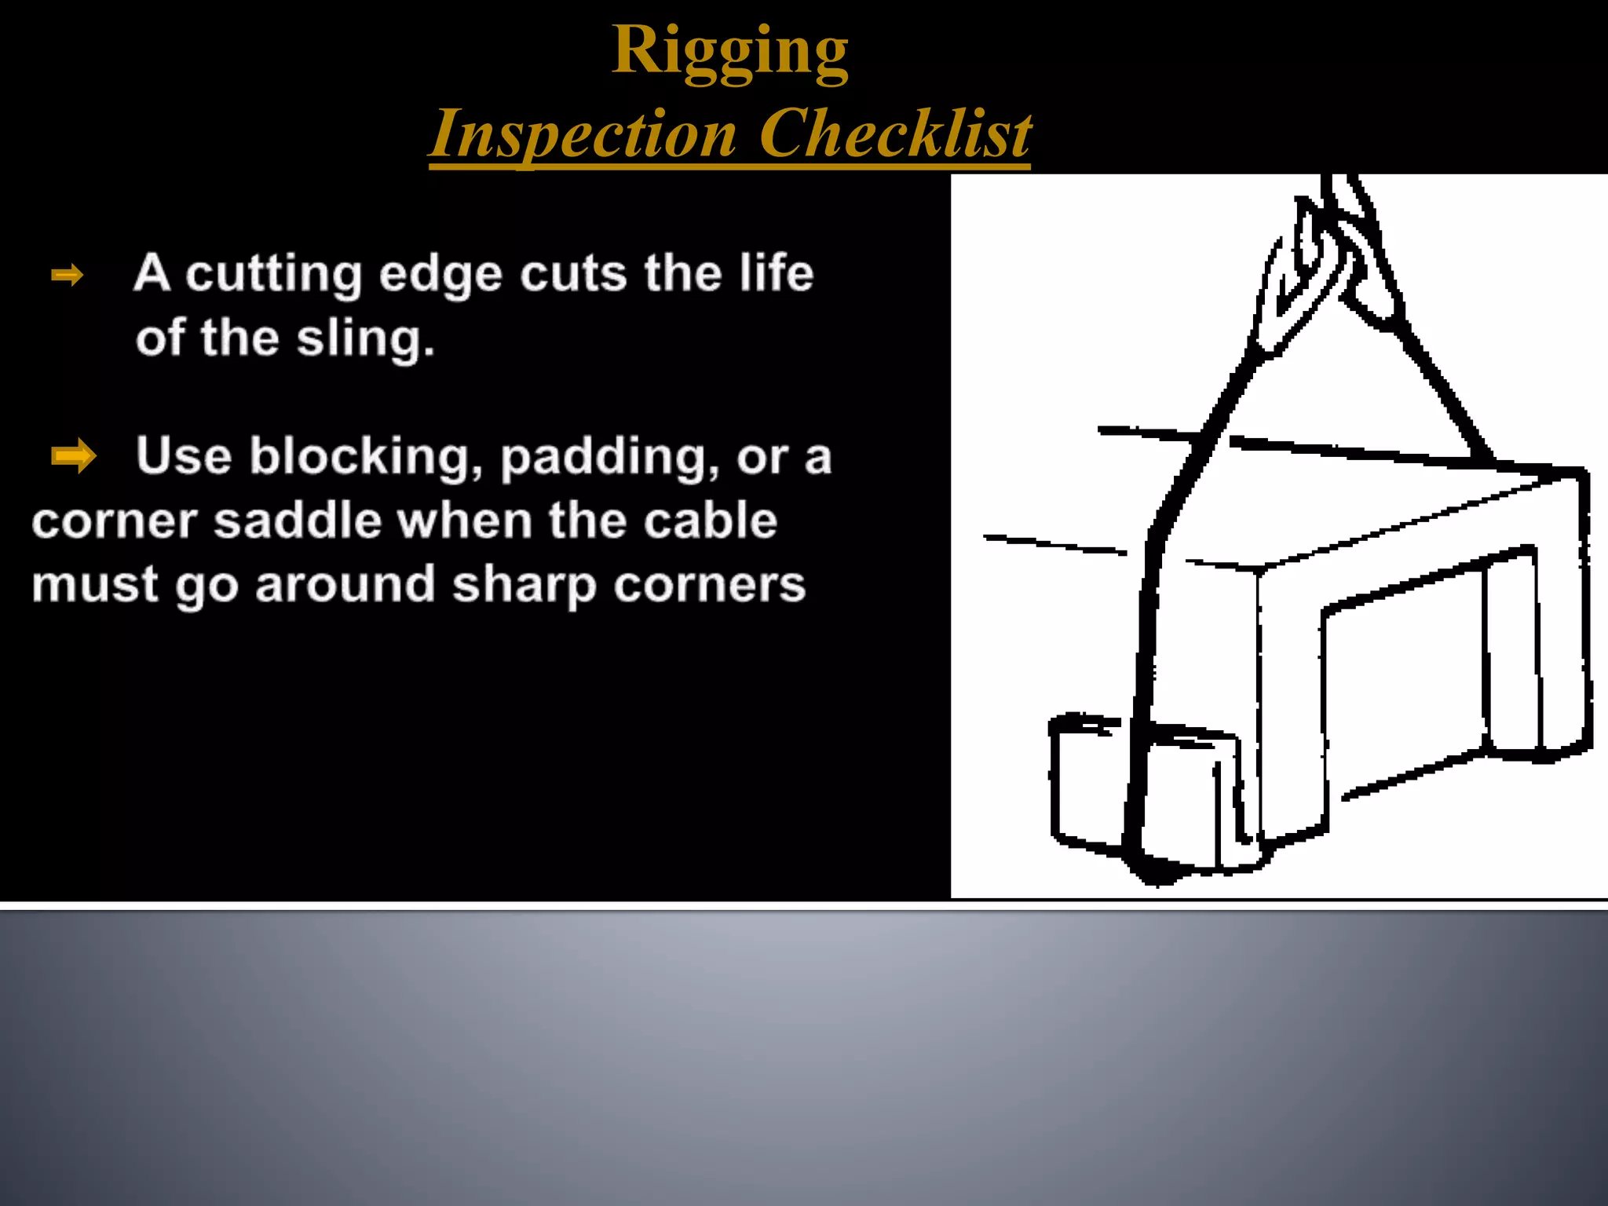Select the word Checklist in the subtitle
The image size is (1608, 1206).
(894, 133)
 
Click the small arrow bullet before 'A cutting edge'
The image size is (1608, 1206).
(68, 275)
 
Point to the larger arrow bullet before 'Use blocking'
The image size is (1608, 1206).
(73, 455)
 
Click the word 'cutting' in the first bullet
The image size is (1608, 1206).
(273, 275)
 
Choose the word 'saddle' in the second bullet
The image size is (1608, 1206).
(298, 521)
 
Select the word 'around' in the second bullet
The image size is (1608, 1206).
(345, 585)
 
